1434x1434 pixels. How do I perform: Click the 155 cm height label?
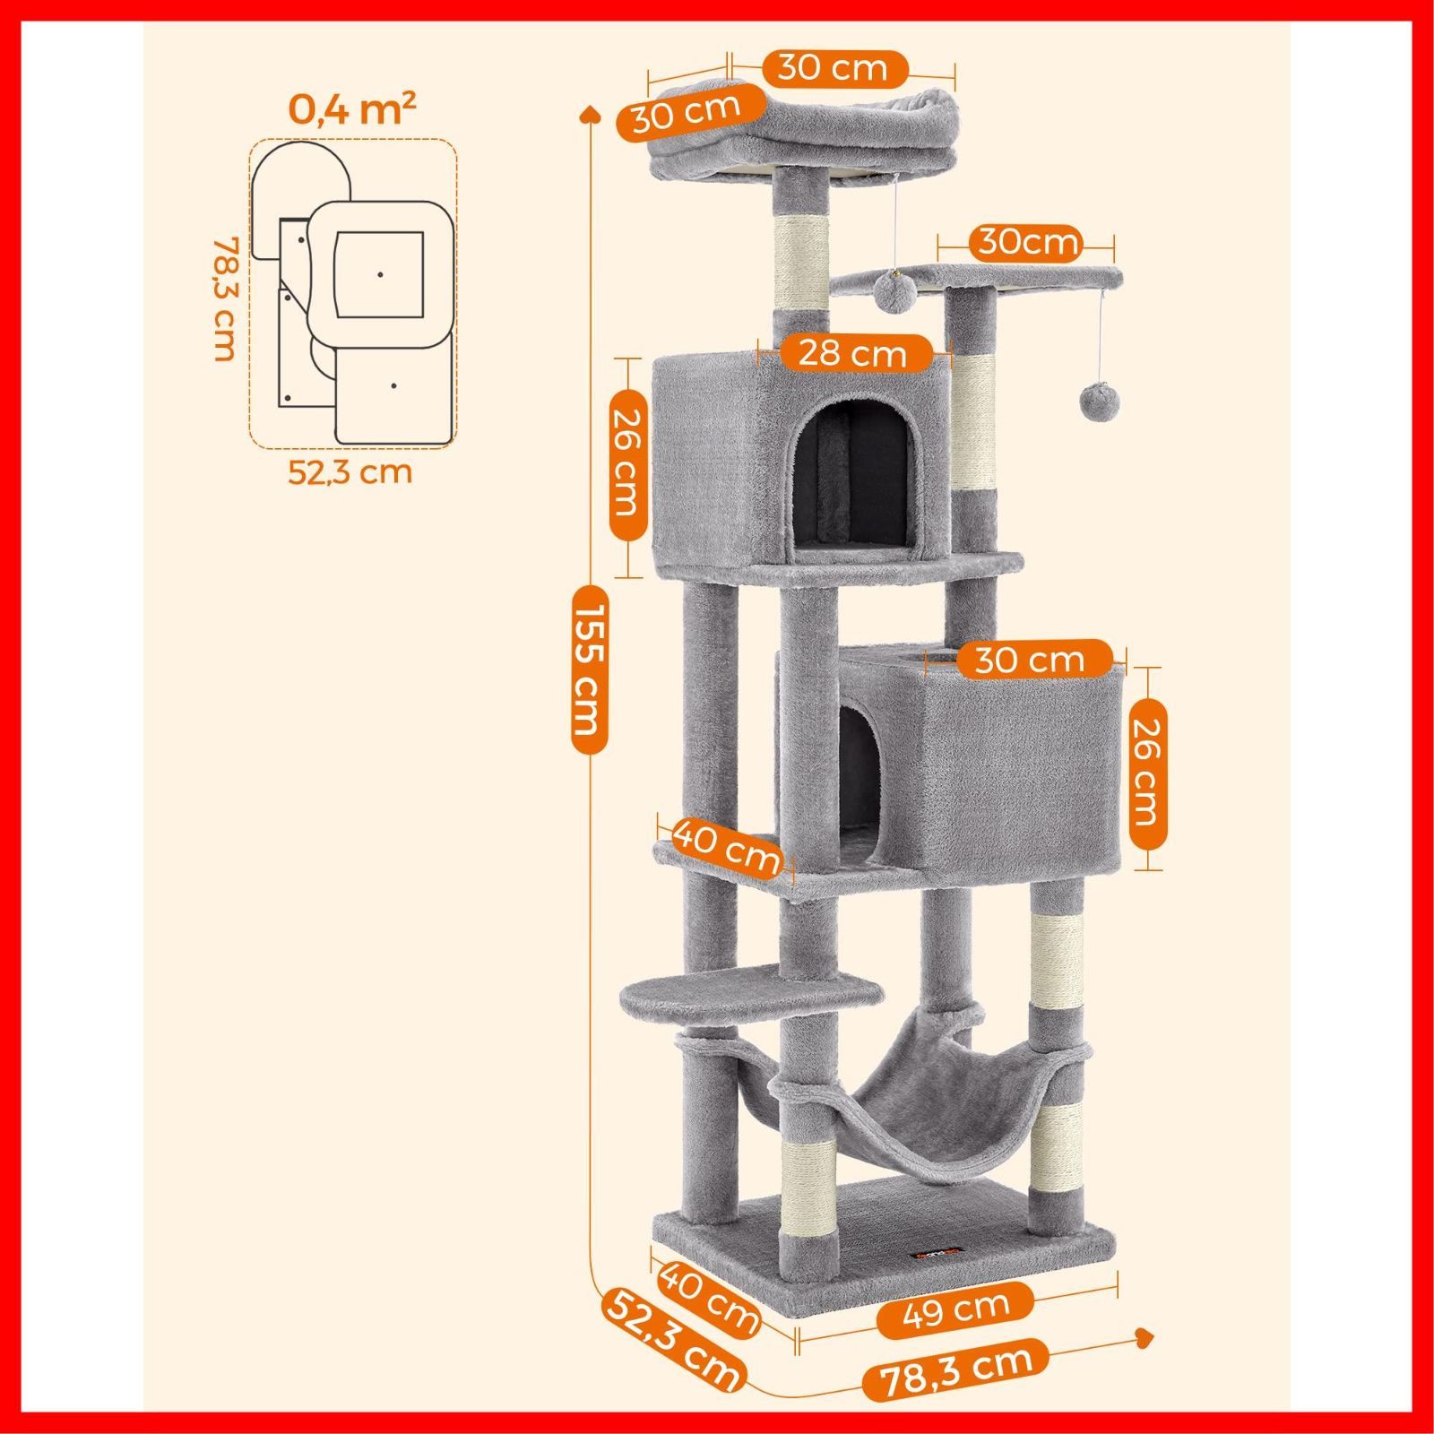pyautogui.click(x=590, y=668)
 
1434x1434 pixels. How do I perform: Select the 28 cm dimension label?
pyautogui.click(x=852, y=352)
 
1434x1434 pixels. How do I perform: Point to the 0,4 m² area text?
pyautogui.click(x=352, y=109)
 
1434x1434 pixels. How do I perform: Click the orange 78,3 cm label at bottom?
pyautogui.click(x=955, y=1385)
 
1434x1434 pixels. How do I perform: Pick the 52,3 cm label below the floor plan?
pyautogui.click(x=350, y=471)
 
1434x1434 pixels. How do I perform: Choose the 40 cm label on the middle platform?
pyautogui.click(x=726, y=844)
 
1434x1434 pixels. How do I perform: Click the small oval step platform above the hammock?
pyautogui.click(x=702, y=994)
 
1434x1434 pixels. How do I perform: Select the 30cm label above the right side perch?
pyautogui.click(x=1028, y=242)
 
